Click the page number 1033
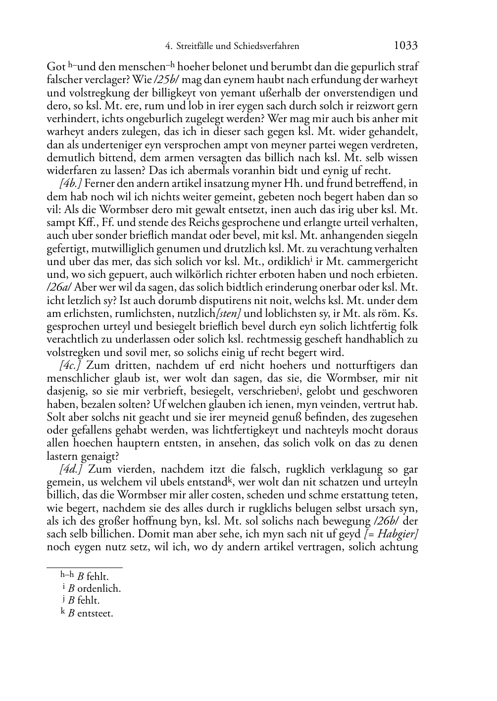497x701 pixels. click(x=405, y=46)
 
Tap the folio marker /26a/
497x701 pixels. click(x=59, y=288)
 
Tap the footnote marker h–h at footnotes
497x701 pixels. click(x=67, y=575)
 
